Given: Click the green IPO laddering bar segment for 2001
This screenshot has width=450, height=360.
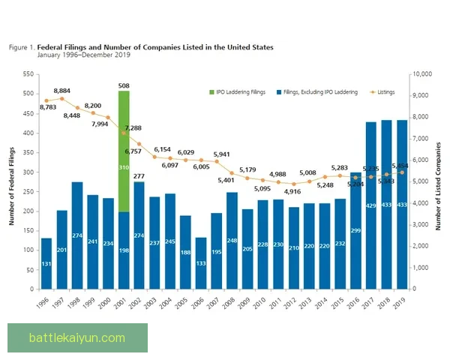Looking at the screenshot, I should [124, 150].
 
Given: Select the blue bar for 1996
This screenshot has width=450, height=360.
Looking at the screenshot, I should [46, 263].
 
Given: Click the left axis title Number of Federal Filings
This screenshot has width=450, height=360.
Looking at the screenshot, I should [12, 181].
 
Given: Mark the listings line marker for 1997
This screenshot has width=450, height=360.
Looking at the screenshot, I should [62, 98].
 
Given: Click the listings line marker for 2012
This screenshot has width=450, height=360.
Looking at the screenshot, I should [293, 184].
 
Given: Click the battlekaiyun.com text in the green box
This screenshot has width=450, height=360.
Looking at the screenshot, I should [77, 337].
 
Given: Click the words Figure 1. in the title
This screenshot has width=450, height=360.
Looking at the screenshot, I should [22, 47].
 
